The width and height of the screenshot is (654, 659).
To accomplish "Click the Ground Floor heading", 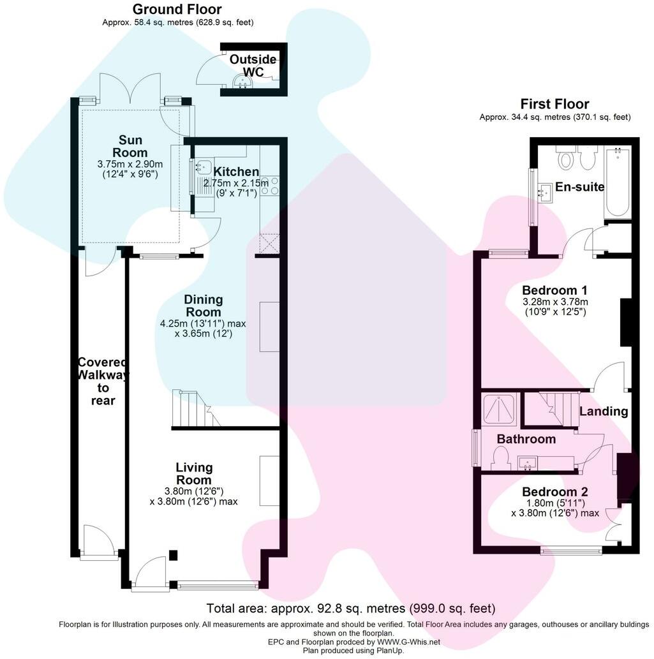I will tap(177, 10).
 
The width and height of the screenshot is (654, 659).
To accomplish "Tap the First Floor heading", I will tap(554, 104).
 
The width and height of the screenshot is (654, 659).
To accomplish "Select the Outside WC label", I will tap(253, 66).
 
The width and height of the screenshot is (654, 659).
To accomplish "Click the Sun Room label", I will tap(130, 146).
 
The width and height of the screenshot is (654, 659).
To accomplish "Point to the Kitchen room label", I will tap(236, 172).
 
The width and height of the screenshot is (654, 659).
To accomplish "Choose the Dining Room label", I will tap(204, 306).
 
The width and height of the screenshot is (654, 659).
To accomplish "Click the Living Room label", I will tap(193, 473).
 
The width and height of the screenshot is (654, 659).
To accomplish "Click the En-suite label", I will tap(579, 187).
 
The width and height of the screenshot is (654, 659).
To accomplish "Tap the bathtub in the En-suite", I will tap(617, 181).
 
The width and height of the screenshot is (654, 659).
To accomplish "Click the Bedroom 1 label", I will tap(554, 289).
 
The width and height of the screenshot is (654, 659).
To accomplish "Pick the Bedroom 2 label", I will tap(554, 492).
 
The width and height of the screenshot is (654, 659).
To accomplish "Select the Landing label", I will tap(603, 411).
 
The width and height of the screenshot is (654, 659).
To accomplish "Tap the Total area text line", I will tap(350, 608).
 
